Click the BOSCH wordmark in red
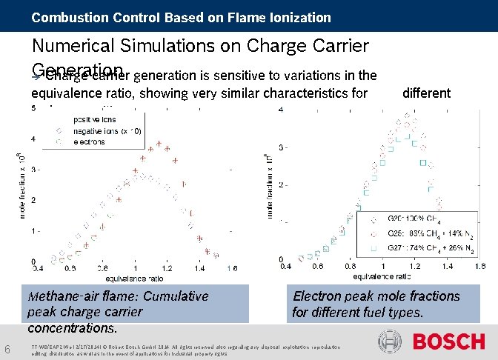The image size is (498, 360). (448, 341)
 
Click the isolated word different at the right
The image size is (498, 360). (426, 93)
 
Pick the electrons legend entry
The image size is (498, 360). (92, 141)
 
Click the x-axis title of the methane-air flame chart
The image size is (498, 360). (134, 279)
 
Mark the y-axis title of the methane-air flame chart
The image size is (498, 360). (21, 184)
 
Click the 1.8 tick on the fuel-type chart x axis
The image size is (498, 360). (479, 266)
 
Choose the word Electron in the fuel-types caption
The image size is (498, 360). (318, 296)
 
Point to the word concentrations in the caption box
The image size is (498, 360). (70, 327)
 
